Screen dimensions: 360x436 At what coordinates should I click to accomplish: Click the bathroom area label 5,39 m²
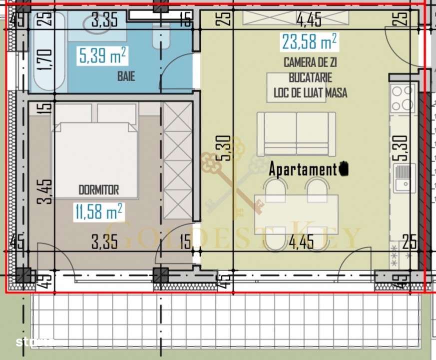(102, 55)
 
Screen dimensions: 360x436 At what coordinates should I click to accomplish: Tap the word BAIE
(126, 77)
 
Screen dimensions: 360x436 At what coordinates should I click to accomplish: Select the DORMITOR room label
(98, 190)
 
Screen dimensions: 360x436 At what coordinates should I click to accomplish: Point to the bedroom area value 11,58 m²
(100, 211)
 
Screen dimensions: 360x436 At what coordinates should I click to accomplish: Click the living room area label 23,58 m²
(309, 41)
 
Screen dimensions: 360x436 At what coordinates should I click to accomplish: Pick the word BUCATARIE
(310, 78)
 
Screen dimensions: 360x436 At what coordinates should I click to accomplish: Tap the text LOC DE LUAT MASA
(310, 92)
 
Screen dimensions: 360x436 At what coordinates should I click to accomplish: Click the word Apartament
(303, 169)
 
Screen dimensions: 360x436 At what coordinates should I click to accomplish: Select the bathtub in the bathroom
(48, 52)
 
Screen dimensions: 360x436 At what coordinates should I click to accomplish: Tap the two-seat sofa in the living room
(296, 133)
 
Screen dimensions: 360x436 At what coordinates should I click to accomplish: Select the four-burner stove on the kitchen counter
(402, 98)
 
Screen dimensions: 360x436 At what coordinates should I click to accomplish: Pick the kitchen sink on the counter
(404, 178)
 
